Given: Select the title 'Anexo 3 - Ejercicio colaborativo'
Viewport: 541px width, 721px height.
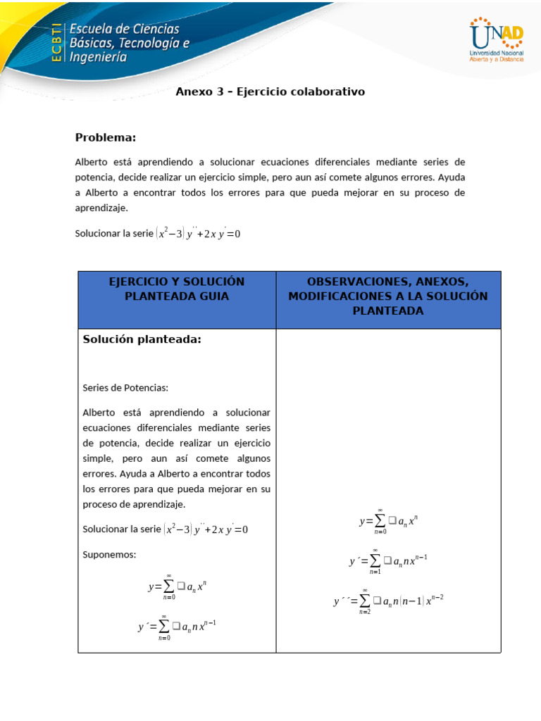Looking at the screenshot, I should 270,92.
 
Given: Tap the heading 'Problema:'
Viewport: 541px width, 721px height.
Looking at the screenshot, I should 106,137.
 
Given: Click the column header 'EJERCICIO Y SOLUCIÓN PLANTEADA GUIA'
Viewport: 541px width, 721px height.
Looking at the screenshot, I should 177,289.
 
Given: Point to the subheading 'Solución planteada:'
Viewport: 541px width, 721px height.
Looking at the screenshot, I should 142,339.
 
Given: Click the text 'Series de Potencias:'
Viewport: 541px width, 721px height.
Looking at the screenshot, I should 125,387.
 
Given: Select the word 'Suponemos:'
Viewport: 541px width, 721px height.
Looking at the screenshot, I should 109,554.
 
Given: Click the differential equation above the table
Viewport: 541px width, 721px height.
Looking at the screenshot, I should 198,233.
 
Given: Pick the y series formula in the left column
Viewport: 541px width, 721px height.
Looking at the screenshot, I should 177,586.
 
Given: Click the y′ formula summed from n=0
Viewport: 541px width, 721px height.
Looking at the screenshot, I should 177,625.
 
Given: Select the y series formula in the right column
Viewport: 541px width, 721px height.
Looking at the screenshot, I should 388,521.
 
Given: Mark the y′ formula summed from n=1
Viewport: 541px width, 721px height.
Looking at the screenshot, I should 388,560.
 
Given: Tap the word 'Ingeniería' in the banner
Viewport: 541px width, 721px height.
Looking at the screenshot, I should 98,58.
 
